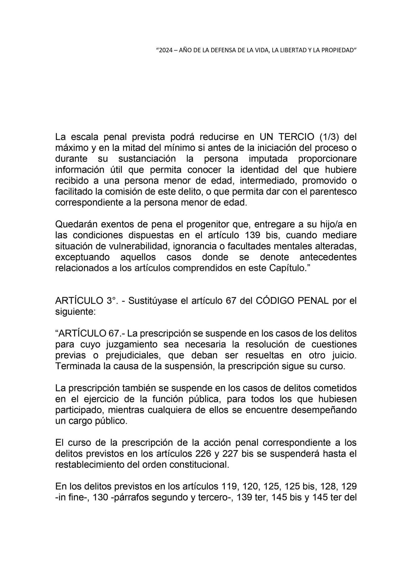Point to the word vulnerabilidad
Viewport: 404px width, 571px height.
tap(133, 246)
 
